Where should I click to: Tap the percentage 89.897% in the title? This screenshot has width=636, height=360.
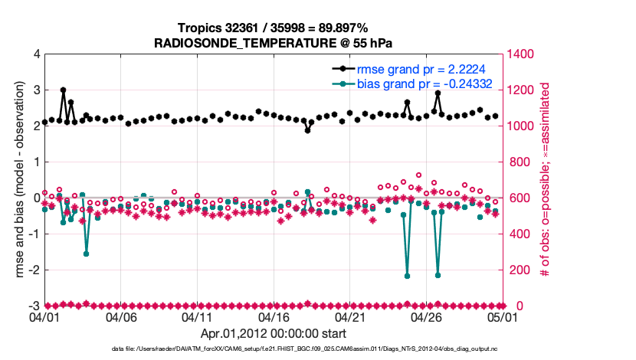tap(339, 28)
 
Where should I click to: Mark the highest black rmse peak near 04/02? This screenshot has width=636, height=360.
tap(63, 90)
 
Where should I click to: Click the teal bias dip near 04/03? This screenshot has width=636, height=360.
tap(86, 254)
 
